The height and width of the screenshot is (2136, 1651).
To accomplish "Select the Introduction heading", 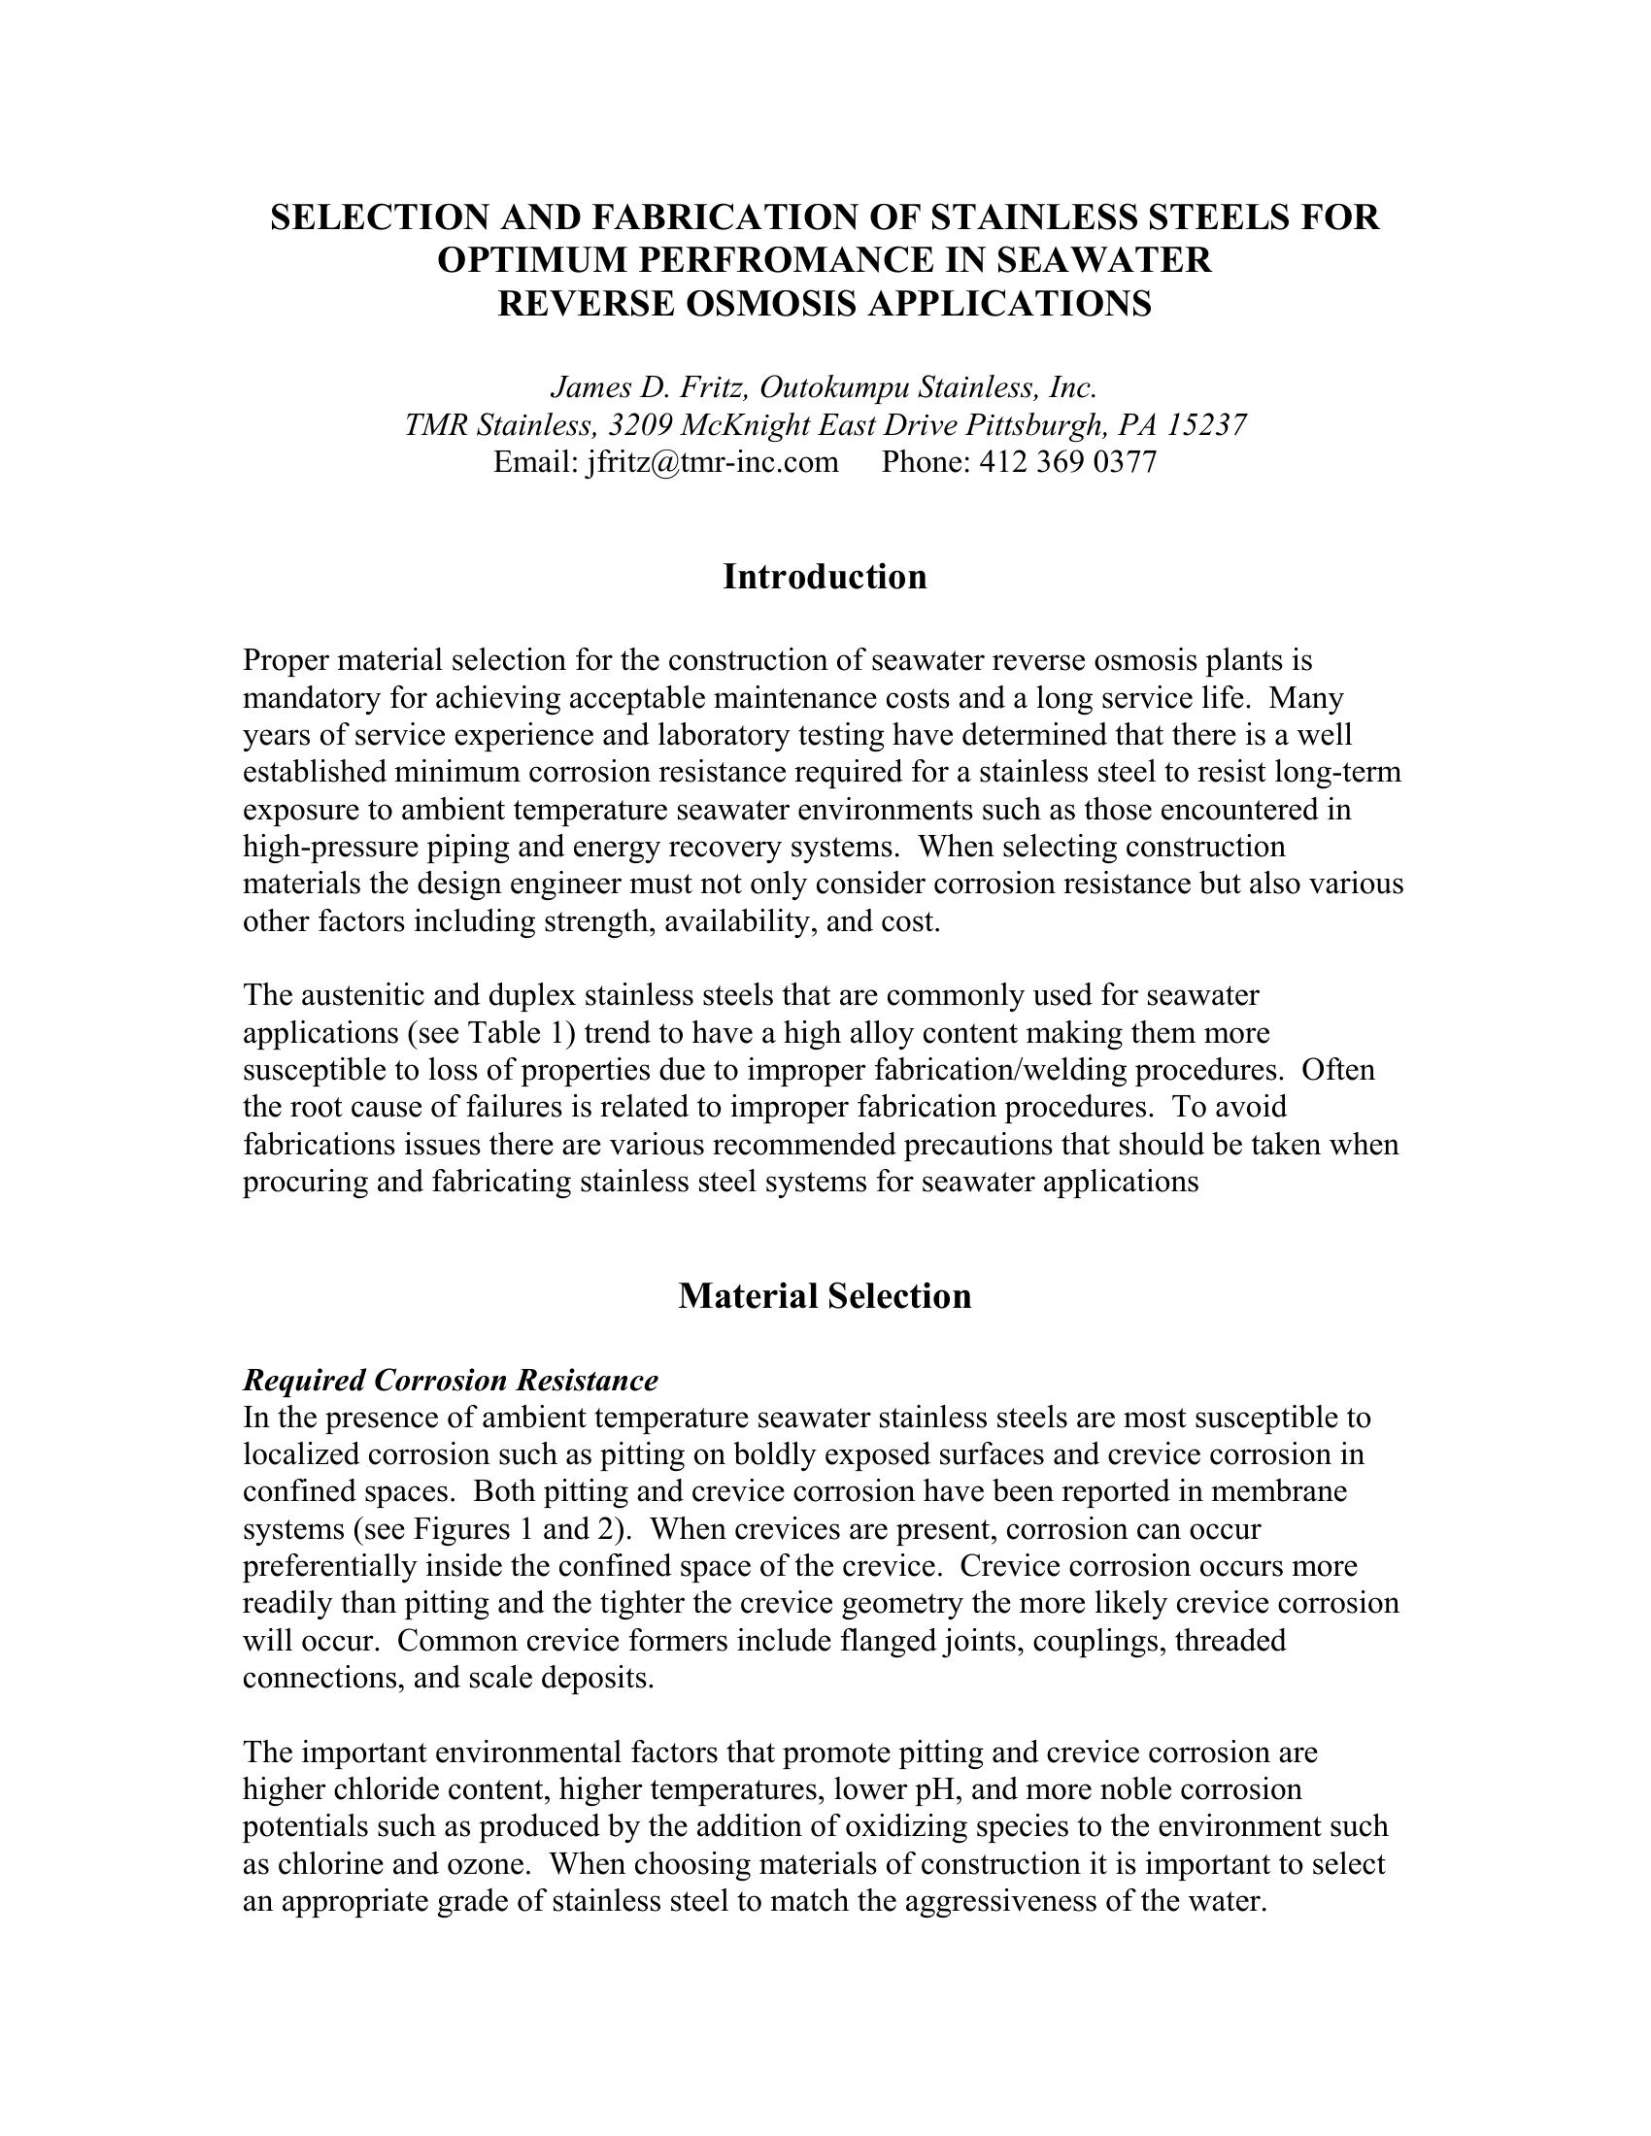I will (x=825, y=577).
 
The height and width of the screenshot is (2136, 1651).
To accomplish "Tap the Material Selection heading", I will (x=825, y=1296).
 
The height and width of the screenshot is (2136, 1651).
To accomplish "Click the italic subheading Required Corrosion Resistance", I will (x=450, y=1380).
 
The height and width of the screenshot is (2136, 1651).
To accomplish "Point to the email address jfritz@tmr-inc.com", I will (x=712, y=461).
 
